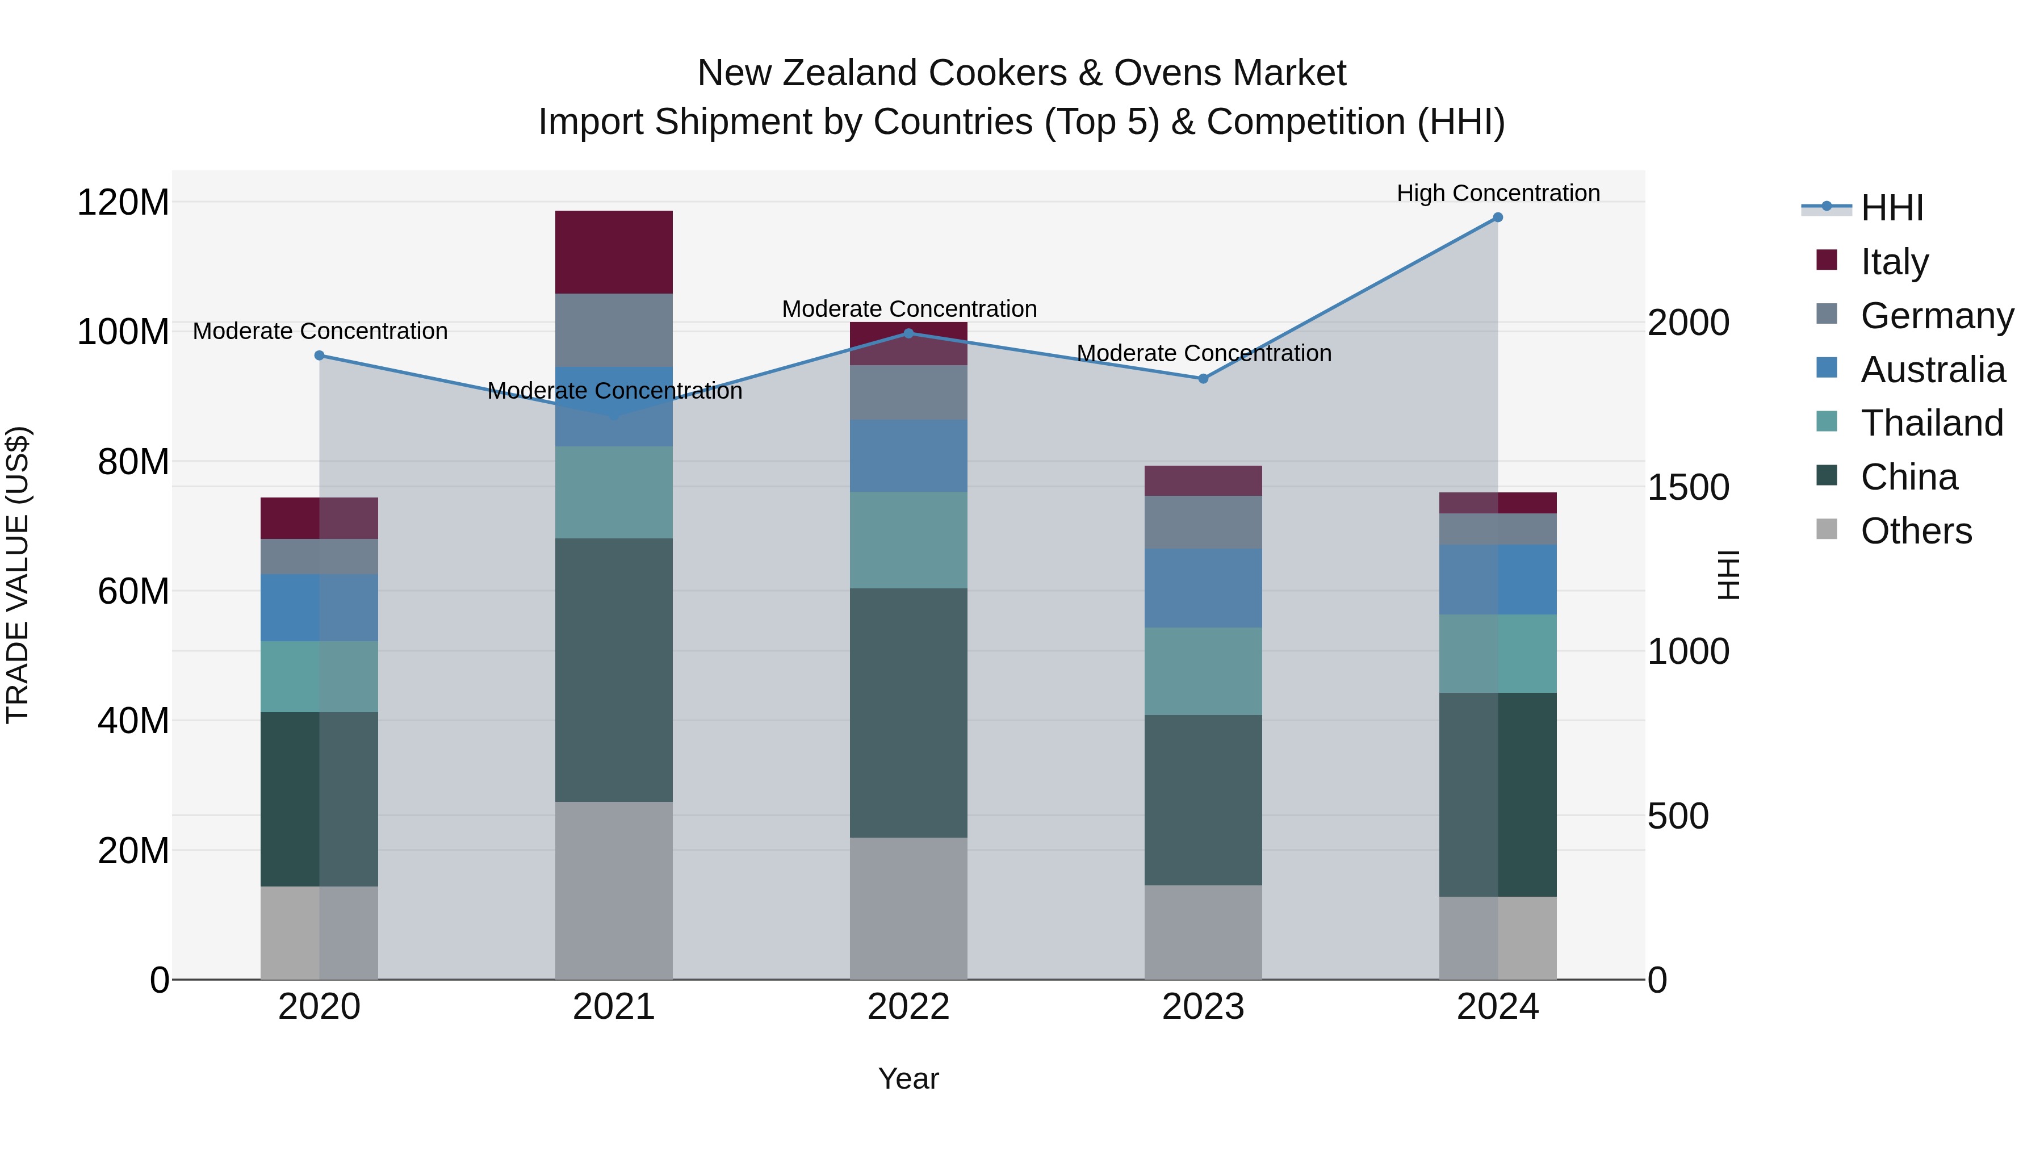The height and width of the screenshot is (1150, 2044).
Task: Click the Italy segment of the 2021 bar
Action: tap(613, 252)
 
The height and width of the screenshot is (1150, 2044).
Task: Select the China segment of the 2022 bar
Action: tap(908, 713)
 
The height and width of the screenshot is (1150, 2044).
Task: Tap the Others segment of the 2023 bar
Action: tap(1203, 932)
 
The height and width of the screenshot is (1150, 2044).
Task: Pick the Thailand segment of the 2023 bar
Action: tap(1203, 671)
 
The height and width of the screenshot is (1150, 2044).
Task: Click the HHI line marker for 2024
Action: tap(1497, 218)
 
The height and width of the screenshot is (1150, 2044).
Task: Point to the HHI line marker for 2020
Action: tap(319, 356)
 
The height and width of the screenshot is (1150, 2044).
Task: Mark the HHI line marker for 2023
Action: tap(1203, 379)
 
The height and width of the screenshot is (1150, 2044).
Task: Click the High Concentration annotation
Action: tap(1497, 193)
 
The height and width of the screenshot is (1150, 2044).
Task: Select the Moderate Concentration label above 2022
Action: tap(908, 309)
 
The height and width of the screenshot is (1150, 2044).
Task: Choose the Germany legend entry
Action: tap(1936, 315)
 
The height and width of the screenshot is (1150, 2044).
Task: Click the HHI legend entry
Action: tap(1892, 208)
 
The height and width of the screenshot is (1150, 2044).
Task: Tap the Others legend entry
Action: tap(1916, 530)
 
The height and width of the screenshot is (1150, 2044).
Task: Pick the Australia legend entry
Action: tap(1932, 369)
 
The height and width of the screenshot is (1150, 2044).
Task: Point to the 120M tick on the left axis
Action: tap(123, 202)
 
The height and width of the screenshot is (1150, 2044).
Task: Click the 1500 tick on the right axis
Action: tap(1688, 487)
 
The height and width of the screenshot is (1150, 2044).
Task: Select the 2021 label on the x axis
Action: tap(613, 1006)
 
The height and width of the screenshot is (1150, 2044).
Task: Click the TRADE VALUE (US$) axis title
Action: tap(18, 575)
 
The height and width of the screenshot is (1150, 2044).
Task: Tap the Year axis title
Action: tap(908, 1078)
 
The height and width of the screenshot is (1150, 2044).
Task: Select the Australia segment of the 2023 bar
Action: tap(1203, 588)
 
